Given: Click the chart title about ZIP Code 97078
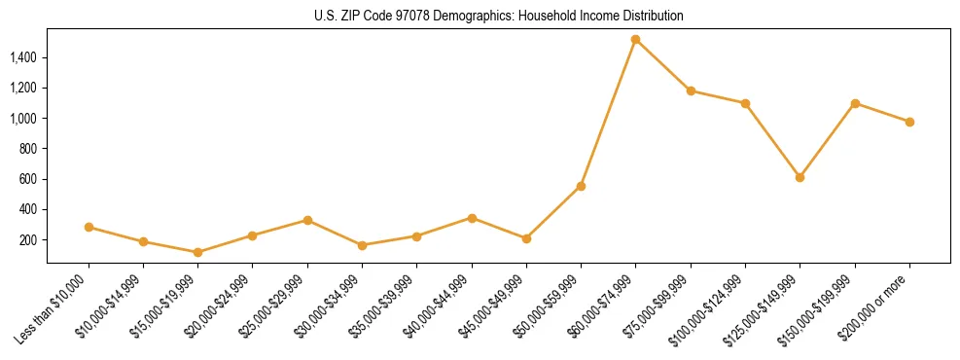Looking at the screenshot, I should pyautogui.click(x=499, y=17).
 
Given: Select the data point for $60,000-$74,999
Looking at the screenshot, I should pyautogui.click(x=635, y=40).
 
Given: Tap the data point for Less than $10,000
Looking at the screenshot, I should pyautogui.click(x=89, y=227).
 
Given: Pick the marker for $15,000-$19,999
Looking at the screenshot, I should pyautogui.click(x=197, y=252).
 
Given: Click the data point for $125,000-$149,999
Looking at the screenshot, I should pyautogui.click(x=800, y=177).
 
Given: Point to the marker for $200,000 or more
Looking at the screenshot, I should pyautogui.click(x=909, y=122).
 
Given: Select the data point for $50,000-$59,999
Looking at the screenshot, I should pyautogui.click(x=581, y=186).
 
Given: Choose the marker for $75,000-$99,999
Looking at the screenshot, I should pyautogui.click(x=691, y=90).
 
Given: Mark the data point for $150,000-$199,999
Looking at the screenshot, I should pyautogui.click(x=855, y=103).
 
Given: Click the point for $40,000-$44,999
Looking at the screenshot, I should pyautogui.click(x=472, y=218).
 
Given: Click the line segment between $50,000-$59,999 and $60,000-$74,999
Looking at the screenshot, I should pyautogui.click(x=608, y=113).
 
